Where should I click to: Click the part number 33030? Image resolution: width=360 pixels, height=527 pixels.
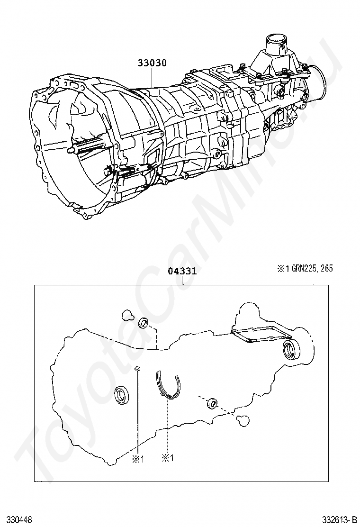pyautogui.click(x=152, y=63)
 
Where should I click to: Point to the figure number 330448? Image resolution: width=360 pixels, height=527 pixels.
pyautogui.click(x=19, y=520)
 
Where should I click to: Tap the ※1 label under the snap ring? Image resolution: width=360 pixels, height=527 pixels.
pyautogui.click(x=169, y=458)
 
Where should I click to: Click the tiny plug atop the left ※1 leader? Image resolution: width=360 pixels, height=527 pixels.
pyautogui.click(x=136, y=369)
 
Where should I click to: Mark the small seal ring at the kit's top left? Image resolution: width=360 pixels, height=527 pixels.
pyautogui.click(x=144, y=324)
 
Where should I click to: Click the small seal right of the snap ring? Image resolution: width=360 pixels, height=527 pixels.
pyautogui.click(x=212, y=404)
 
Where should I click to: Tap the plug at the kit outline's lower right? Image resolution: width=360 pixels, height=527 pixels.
pyautogui.click(x=242, y=419)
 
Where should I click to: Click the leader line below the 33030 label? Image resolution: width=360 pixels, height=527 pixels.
pyautogui.click(x=152, y=77)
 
